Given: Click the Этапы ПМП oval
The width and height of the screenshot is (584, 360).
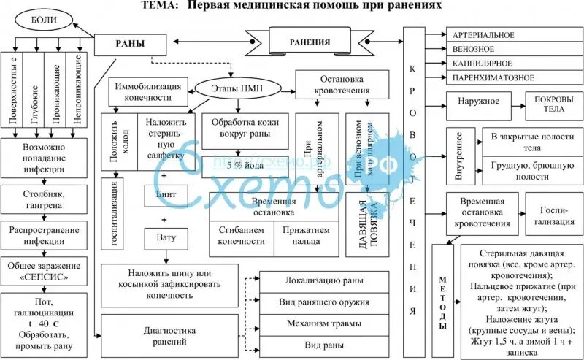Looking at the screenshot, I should point(228,89).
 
